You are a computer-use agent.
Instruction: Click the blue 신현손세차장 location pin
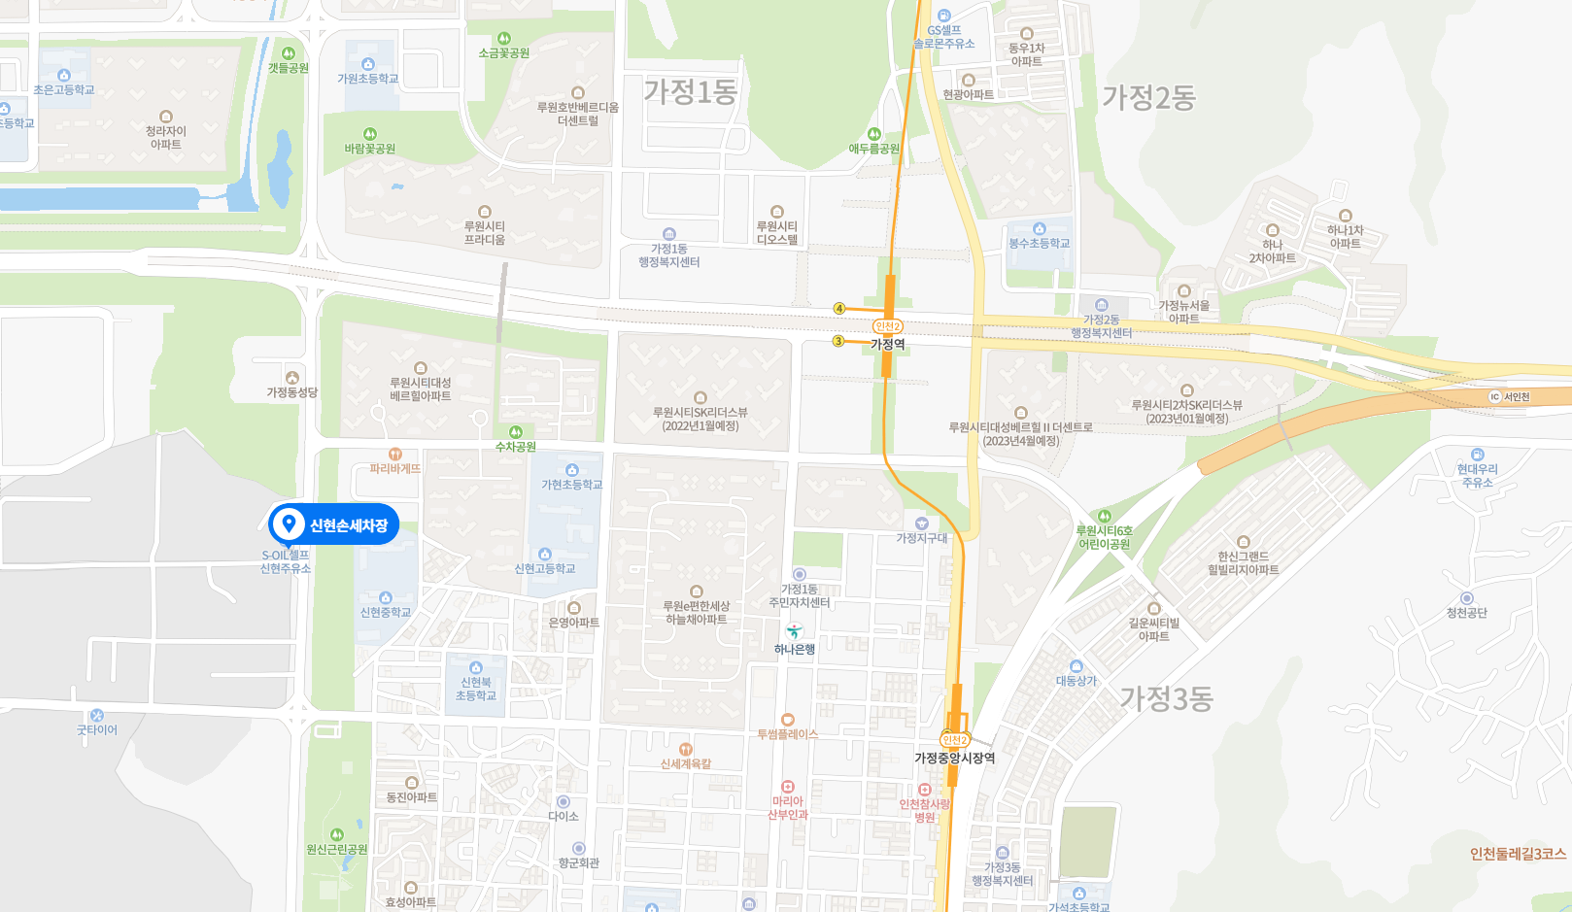(288, 525)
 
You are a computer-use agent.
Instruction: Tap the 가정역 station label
(888, 345)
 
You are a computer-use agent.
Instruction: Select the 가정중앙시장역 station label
(954, 759)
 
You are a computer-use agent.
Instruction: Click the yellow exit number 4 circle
(839, 309)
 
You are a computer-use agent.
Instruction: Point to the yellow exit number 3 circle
(838, 341)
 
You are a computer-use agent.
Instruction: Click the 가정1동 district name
(691, 92)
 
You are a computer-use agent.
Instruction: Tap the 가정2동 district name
(1148, 97)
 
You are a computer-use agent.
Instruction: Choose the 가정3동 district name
(1166, 698)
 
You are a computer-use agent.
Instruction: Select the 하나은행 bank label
(794, 650)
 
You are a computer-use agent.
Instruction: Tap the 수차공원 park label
(516, 447)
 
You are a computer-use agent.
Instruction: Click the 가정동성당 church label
(292, 392)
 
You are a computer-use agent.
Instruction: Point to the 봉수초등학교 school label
(1039, 243)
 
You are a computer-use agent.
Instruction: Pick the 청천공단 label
(1466, 613)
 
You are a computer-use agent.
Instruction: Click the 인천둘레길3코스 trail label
(1518, 854)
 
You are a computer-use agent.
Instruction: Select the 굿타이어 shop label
(97, 729)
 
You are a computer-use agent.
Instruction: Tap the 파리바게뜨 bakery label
(395, 468)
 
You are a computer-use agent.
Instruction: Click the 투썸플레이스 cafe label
(788, 734)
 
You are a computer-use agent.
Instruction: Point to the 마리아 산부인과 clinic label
(788, 807)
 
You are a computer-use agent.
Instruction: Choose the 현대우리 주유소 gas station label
(1477, 475)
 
